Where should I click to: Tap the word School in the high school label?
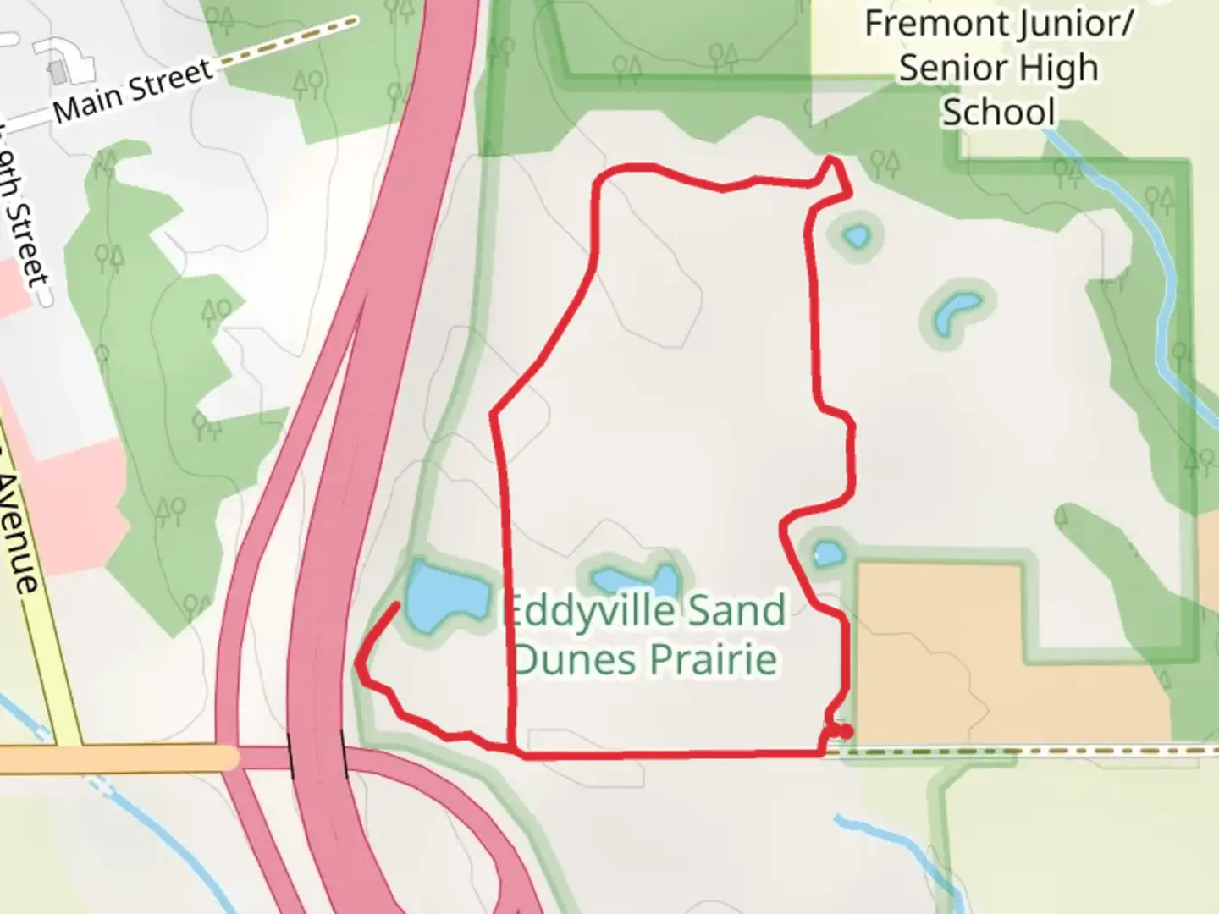coord(999,113)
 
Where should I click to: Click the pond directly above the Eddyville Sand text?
coord(637,581)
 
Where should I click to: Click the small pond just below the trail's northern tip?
coord(857,235)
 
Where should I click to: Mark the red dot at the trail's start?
coord(845,731)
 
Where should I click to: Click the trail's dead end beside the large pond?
coord(397,604)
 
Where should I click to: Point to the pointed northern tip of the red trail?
coord(833,158)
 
